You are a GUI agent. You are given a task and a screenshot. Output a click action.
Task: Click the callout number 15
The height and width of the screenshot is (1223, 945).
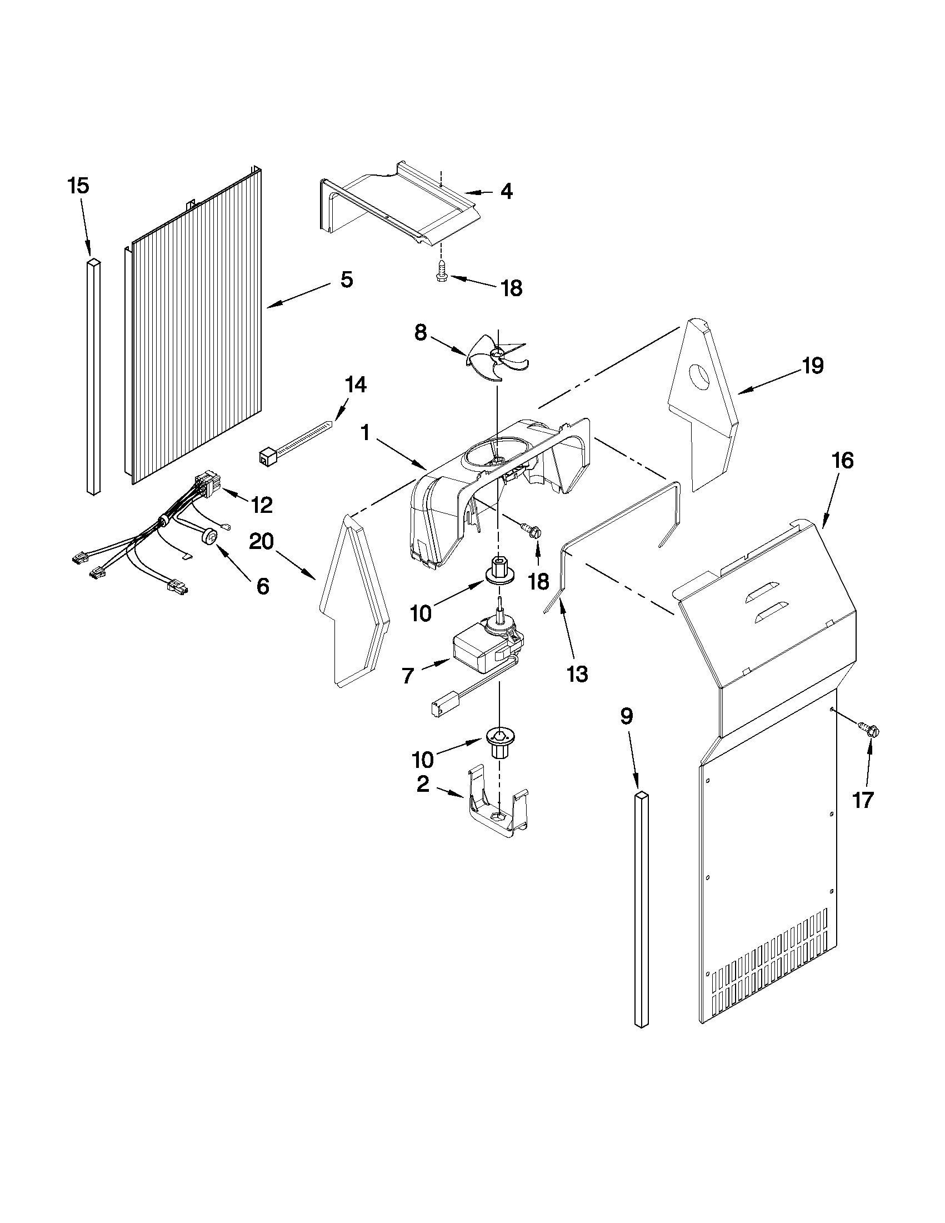(x=78, y=186)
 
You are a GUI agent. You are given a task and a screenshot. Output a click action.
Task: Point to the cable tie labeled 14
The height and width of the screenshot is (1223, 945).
(x=294, y=442)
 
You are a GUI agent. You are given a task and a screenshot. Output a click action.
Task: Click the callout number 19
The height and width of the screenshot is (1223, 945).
(x=812, y=366)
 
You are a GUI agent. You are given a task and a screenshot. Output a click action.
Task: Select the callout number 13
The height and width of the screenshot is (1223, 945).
(x=577, y=674)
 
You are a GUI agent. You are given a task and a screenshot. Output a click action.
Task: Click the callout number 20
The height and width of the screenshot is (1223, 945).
(x=262, y=542)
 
